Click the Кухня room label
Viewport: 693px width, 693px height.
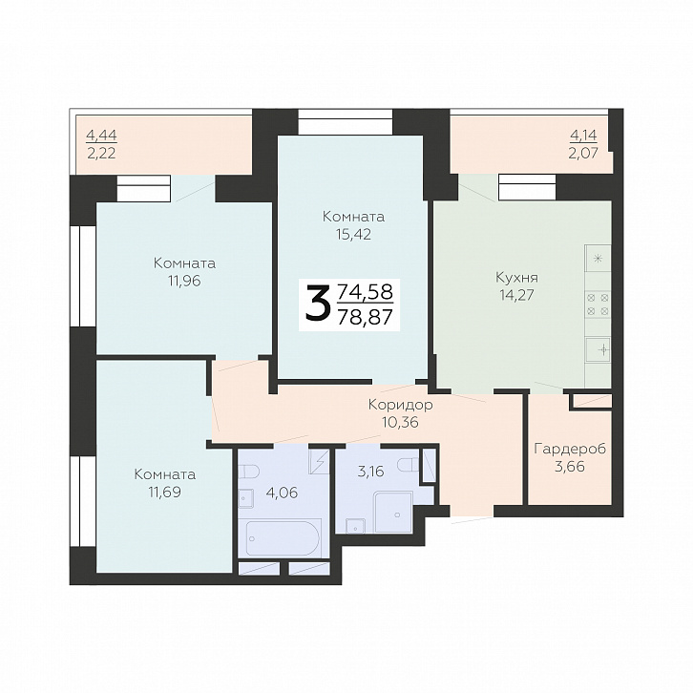click(x=516, y=278)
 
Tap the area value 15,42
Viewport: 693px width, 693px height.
click(x=353, y=234)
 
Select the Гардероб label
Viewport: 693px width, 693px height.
click(x=570, y=450)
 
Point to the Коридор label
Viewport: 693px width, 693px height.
click(x=400, y=405)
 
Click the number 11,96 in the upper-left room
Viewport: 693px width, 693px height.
click(x=184, y=281)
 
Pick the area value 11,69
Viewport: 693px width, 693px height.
click(x=165, y=492)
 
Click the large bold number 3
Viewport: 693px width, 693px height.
click(x=318, y=303)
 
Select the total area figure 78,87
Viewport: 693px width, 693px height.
click(x=365, y=317)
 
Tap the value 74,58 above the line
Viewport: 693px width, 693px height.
click(x=365, y=292)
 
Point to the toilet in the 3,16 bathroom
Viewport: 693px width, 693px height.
click(x=408, y=465)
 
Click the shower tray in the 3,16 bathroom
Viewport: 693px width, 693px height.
click(x=393, y=512)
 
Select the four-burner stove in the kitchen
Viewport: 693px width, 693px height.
click(x=598, y=304)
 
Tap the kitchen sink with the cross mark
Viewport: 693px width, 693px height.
click(x=598, y=349)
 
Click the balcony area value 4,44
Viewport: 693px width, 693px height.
click(x=101, y=135)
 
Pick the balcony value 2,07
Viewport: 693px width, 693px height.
click(x=583, y=153)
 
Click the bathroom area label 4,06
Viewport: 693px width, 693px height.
click(x=283, y=492)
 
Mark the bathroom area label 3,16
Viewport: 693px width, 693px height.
click(x=370, y=472)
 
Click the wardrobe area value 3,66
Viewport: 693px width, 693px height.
click(x=570, y=466)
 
